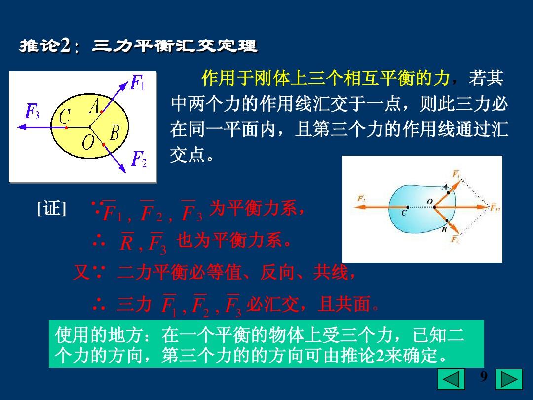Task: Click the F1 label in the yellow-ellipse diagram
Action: [x=137, y=82]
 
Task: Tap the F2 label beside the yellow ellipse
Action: [x=139, y=159]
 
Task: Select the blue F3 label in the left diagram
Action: [x=32, y=111]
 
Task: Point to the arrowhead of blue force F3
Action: [x=22, y=127]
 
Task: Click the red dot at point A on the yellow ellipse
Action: [x=101, y=111]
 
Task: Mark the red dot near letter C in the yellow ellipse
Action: [x=67, y=127]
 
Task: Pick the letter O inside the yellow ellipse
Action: [x=88, y=142]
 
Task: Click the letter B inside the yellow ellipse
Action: [x=114, y=133]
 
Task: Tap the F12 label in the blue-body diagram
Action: [x=495, y=207]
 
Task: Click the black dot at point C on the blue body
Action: [x=408, y=207]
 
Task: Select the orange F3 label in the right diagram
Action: [x=361, y=198]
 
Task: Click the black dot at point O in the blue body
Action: [x=434, y=207]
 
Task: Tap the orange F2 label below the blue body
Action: [x=455, y=239]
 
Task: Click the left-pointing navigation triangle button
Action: [x=451, y=379]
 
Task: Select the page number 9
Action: [x=483, y=376]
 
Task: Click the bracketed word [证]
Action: [x=51, y=208]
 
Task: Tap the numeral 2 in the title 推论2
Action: [x=65, y=45]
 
